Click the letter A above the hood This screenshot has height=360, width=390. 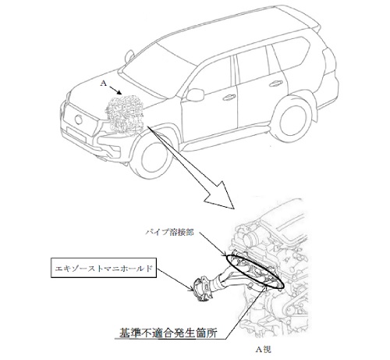click(x=104, y=83)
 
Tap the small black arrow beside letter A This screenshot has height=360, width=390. click(x=115, y=90)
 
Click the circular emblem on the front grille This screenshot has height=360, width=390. click(x=78, y=119)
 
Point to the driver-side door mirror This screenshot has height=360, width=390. click(x=195, y=94)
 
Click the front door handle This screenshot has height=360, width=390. click(x=229, y=98)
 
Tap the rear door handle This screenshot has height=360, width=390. click(x=275, y=84)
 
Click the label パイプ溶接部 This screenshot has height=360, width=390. click(x=170, y=232)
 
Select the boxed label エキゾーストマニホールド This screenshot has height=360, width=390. click(x=104, y=268)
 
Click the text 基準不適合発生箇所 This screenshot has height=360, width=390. click(x=168, y=333)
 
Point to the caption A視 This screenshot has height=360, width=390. click(x=264, y=349)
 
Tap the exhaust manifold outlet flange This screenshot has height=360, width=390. click(x=201, y=290)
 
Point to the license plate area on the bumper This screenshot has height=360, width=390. click(x=76, y=134)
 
